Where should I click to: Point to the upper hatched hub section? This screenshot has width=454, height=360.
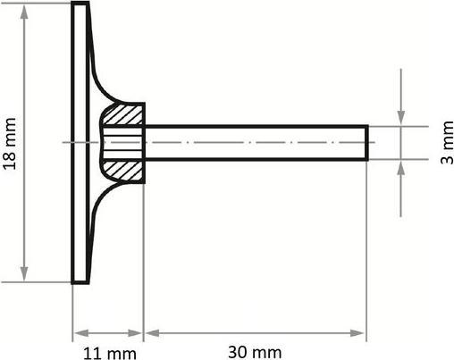pos(124,115)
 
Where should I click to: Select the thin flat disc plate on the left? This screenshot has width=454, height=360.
pos(80,143)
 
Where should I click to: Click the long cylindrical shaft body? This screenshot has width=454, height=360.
pos(255,143)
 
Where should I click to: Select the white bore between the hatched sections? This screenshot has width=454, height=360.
pos(122,142)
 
